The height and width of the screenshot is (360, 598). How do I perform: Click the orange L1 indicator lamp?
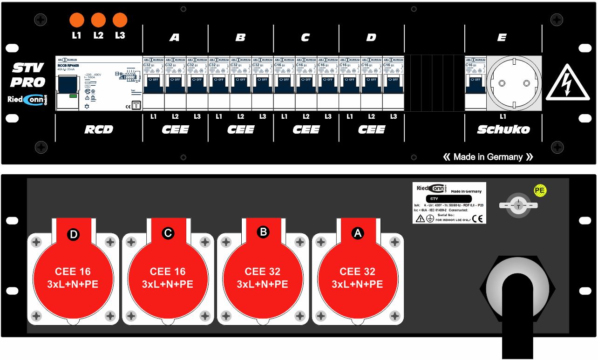coord(76,20)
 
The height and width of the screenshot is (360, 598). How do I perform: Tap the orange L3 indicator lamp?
coord(120,20)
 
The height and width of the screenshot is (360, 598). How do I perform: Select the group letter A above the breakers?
coord(174,38)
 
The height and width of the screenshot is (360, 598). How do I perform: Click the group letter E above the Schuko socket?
coord(502,38)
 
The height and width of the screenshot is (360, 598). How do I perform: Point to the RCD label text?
coord(99,129)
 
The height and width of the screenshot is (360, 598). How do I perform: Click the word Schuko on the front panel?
coord(503,129)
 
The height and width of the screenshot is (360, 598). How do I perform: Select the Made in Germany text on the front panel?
coord(488,157)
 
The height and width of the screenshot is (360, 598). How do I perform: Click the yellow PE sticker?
coord(540,190)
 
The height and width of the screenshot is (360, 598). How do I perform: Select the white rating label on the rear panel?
coord(449,203)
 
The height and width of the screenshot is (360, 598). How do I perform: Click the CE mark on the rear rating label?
coord(477,218)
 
